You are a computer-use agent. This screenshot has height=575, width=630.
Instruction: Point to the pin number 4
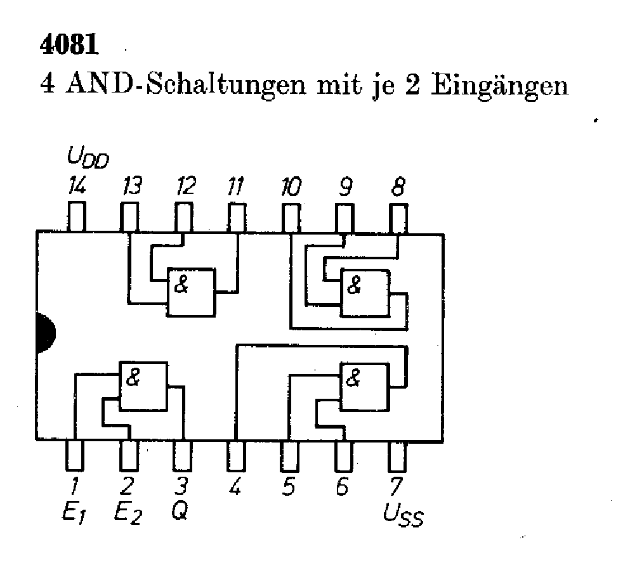[x=235, y=488]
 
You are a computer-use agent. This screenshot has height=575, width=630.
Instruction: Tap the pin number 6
[x=343, y=488]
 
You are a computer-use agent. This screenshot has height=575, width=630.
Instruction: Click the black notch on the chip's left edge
[x=45, y=333]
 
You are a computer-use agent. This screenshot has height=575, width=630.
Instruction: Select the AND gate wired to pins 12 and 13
[x=191, y=291]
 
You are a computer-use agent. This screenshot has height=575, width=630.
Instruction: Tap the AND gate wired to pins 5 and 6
[x=365, y=386]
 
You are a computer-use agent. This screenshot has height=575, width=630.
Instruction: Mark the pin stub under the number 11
[x=237, y=217]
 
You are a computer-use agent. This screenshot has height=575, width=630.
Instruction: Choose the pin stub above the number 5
[x=290, y=453]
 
